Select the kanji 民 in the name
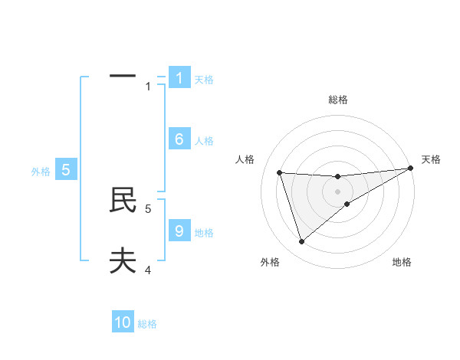point(123,200)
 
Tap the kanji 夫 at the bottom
point(123,261)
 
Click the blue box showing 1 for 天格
point(179,78)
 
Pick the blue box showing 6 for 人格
point(179,139)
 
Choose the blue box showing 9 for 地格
point(179,231)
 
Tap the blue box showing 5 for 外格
point(66,170)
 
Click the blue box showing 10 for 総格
point(123,322)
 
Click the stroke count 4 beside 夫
point(148,270)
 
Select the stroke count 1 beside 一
point(148,87)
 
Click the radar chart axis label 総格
point(337,100)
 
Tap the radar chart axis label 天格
point(431,159)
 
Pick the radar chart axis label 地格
point(402,262)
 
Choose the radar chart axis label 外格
point(270,262)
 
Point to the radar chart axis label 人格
point(245,159)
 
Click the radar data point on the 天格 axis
point(410,168)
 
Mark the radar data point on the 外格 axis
point(301,242)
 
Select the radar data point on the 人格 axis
point(279,172)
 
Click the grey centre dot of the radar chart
point(337,191)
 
